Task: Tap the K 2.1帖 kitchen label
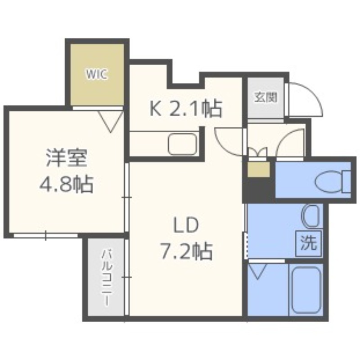(x=186, y=109)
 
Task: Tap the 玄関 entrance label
(x=265, y=97)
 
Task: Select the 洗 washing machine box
(x=309, y=243)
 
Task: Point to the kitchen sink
(x=182, y=144)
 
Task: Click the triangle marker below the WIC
(x=111, y=119)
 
